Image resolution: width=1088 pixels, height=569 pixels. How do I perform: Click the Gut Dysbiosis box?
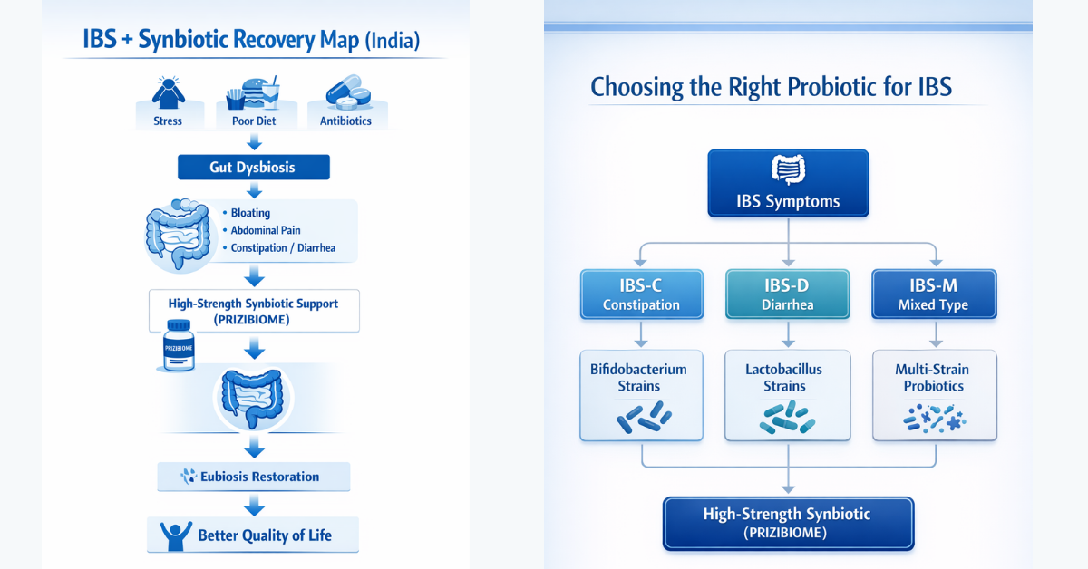pos(254,167)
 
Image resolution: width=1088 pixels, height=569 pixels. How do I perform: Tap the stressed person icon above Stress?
pos(168,92)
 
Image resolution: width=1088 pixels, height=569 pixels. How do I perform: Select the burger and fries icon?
pos(253,92)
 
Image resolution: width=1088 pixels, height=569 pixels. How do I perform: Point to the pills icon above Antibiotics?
pos(348,92)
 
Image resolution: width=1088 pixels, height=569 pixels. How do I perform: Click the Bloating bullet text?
pos(250,213)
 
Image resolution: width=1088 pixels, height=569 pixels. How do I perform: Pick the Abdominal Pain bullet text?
pos(265,230)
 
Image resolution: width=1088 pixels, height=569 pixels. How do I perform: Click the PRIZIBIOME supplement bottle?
pos(179,346)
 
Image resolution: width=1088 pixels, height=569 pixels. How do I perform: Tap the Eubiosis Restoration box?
pos(254,477)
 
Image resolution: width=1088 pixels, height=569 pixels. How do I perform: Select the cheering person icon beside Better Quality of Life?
pos(176,536)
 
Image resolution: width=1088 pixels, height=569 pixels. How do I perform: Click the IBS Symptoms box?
pos(788,183)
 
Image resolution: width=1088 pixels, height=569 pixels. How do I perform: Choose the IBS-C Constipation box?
pos(641,294)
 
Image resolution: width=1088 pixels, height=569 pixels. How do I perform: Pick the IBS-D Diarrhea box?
pos(787,294)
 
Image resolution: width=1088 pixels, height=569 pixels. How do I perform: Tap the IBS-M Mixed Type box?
pos(934,294)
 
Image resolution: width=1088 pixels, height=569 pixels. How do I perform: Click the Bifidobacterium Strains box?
pos(641,395)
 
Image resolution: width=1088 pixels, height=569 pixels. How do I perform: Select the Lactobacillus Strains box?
pos(787,395)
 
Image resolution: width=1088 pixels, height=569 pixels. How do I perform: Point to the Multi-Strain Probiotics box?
pos(935,395)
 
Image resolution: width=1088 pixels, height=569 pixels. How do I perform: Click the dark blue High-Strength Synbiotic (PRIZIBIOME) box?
pos(788,524)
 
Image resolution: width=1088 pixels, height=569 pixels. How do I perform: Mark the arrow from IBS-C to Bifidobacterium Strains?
pos(641,334)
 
